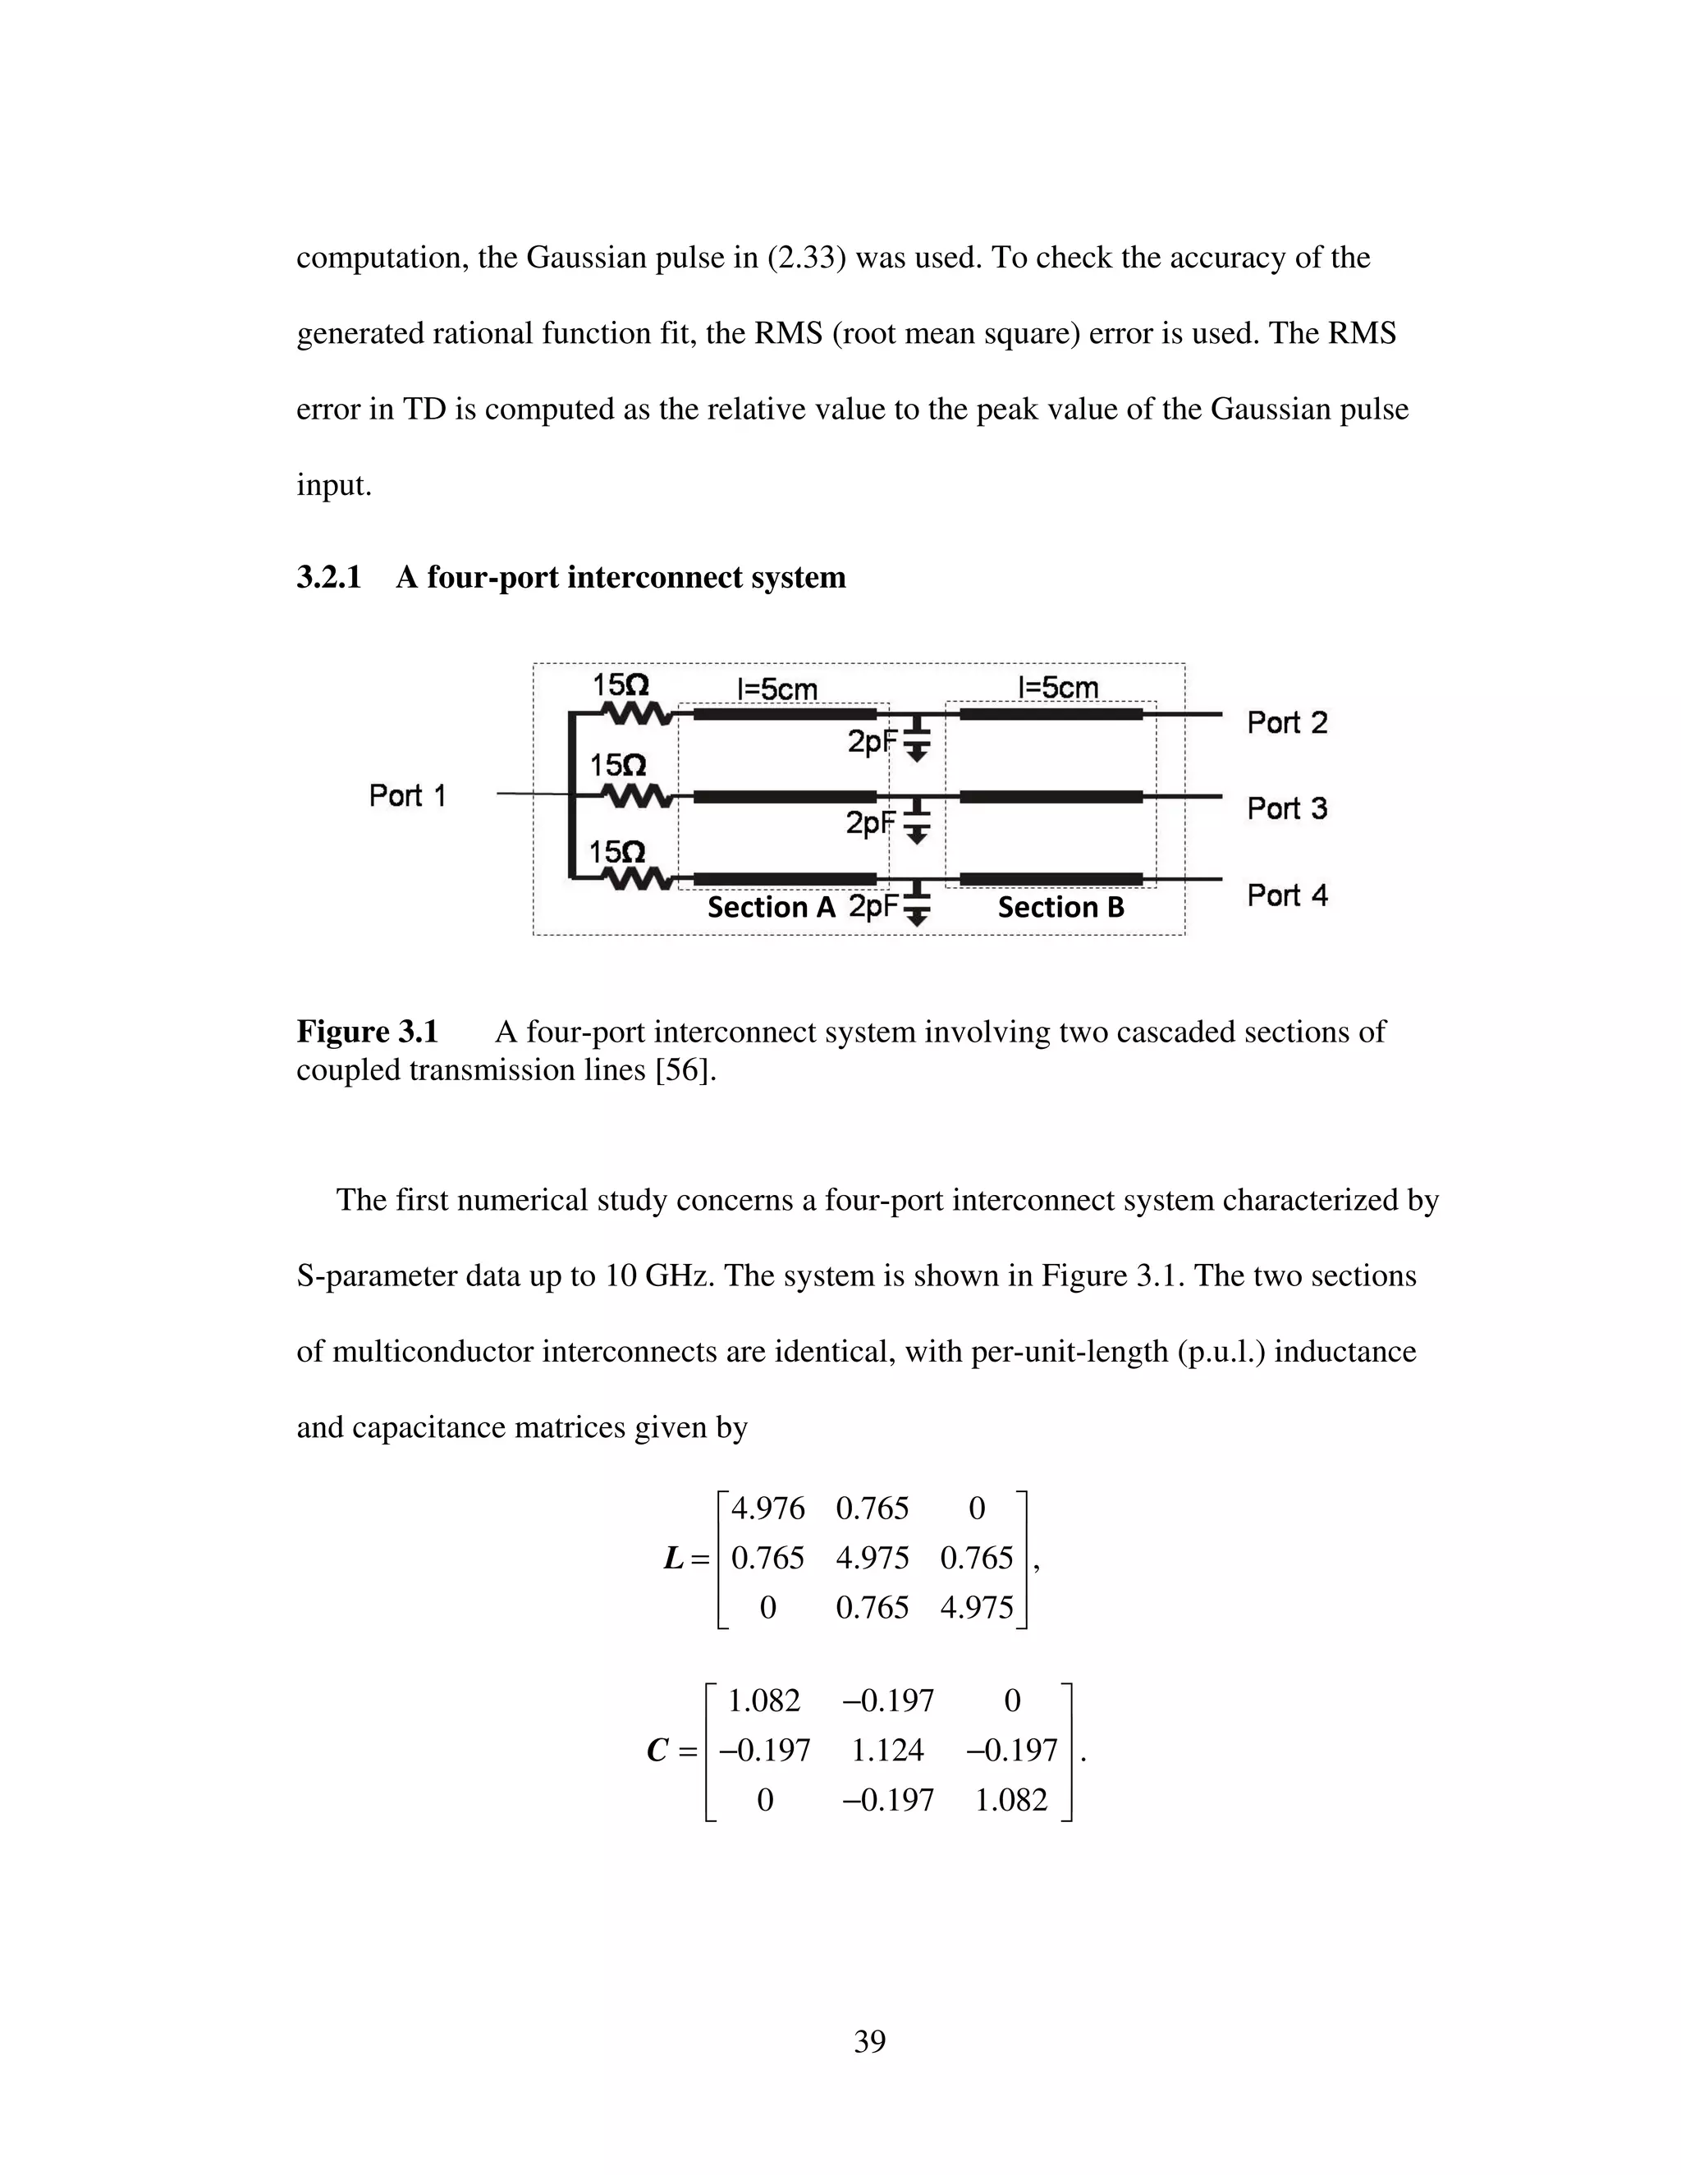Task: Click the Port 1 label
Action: click(407, 795)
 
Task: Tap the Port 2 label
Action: click(1287, 723)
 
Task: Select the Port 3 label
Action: click(1287, 808)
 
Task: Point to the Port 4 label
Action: click(1287, 895)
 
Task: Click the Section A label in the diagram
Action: click(771, 907)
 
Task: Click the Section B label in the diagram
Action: click(1060, 907)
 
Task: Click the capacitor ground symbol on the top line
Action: click(918, 742)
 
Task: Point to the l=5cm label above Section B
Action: click(1057, 687)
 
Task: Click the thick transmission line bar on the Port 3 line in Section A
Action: click(785, 797)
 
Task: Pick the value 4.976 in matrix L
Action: click(767, 1509)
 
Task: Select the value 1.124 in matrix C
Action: click(887, 1750)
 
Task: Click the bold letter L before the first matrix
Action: click(674, 1559)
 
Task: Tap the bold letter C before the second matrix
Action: click(657, 1750)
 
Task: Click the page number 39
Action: click(869, 2041)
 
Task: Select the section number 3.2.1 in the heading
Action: click(328, 578)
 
